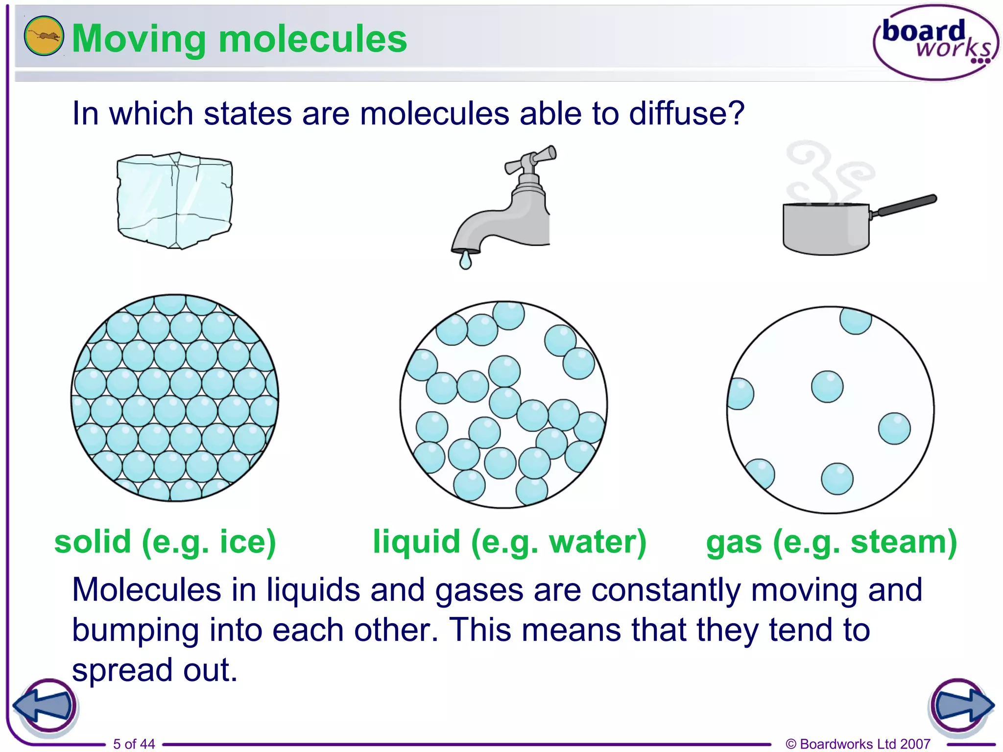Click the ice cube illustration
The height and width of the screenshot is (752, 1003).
point(174,201)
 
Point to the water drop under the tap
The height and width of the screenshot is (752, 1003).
point(465,260)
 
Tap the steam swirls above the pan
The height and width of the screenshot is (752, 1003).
point(828,171)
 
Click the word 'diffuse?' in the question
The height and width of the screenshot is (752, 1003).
point(686,114)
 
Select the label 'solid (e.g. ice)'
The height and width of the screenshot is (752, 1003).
point(165,542)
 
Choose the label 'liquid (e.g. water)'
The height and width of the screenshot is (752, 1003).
point(509,542)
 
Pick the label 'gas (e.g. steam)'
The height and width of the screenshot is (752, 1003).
point(831,542)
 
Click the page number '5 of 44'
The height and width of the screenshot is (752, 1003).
point(134,744)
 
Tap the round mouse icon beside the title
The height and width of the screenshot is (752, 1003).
point(44,36)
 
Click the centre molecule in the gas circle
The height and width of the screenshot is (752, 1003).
point(827,387)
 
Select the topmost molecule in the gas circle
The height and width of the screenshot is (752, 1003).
point(856,320)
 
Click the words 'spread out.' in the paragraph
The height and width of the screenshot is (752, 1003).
point(155,670)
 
